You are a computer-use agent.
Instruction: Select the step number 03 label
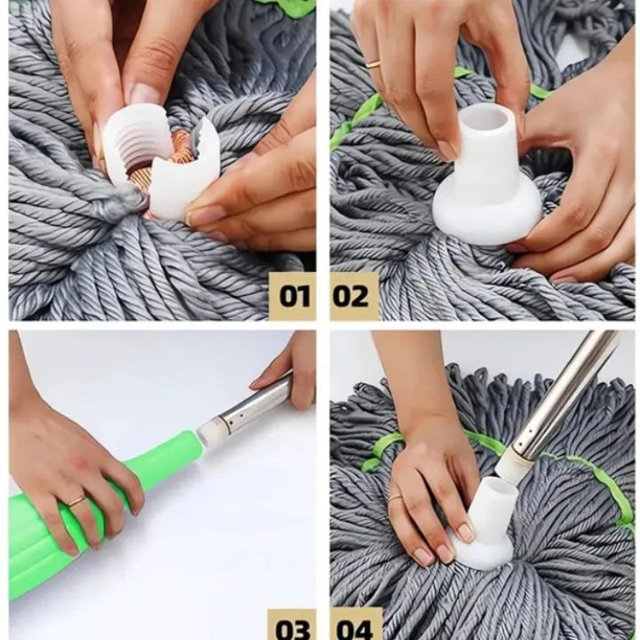292,628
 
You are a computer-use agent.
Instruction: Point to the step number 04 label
356,628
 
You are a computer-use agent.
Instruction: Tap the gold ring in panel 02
373,64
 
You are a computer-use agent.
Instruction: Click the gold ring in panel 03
76,500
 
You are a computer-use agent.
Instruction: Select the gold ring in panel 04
395,498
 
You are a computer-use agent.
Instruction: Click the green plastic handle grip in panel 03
90,518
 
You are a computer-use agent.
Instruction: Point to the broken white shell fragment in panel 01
180,172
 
